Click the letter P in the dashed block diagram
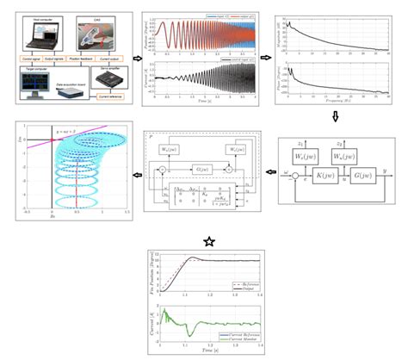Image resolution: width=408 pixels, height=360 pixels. point(151,137)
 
